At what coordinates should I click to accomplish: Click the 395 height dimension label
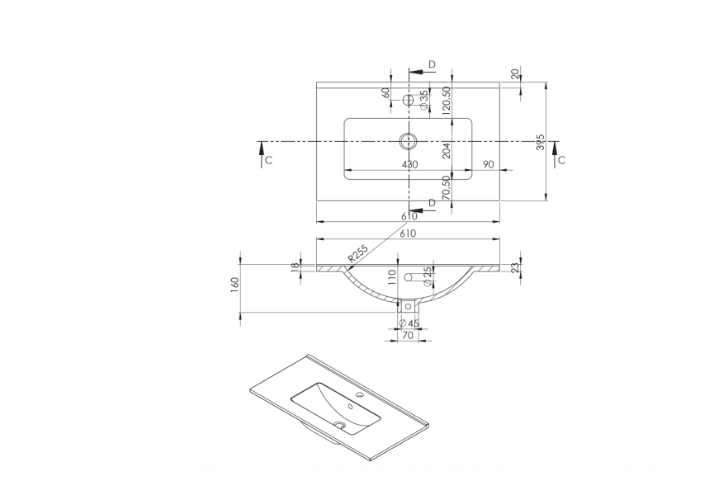(x=540, y=141)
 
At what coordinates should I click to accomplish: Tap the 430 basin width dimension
(x=409, y=164)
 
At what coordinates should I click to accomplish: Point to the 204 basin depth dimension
(x=446, y=149)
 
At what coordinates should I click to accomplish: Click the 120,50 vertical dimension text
(x=446, y=101)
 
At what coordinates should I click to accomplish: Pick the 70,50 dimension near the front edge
(x=446, y=186)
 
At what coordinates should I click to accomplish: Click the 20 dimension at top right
(x=516, y=74)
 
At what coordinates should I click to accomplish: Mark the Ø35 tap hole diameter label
(x=423, y=101)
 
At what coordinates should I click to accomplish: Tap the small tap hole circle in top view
(x=407, y=101)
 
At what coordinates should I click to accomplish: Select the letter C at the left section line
(x=269, y=159)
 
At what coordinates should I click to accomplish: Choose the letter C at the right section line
(x=561, y=159)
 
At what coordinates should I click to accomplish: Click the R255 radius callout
(x=357, y=254)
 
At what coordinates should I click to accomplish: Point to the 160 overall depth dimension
(x=235, y=285)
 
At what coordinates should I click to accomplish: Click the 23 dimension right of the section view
(x=515, y=267)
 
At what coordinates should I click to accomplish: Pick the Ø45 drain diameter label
(x=409, y=323)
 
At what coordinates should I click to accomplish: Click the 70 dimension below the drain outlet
(x=408, y=336)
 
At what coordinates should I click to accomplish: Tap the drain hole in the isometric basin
(x=339, y=426)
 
